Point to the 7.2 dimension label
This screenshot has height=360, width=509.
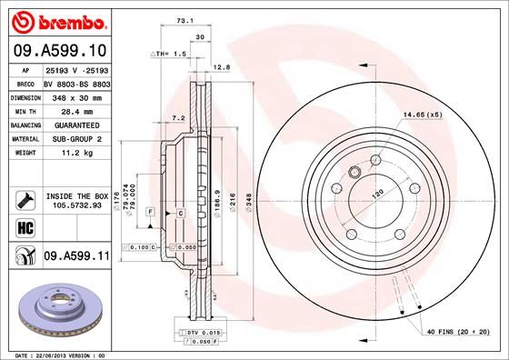tap(178, 117)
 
